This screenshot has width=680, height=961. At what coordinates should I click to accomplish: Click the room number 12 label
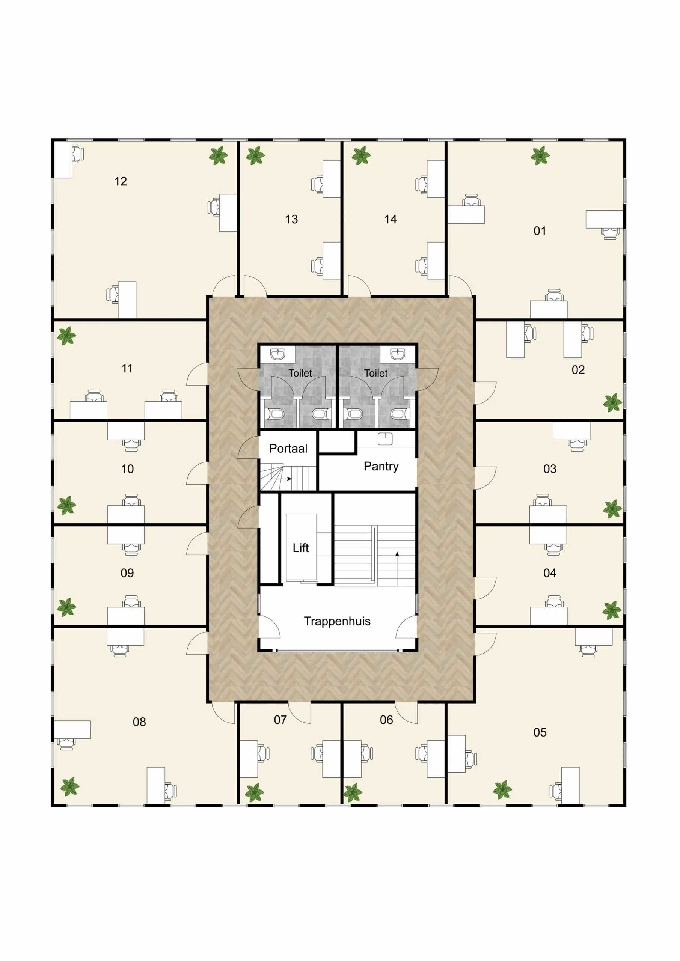[121, 181]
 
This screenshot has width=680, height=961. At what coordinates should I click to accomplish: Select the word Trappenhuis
[337, 621]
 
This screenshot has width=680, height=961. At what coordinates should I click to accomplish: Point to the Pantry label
[381, 466]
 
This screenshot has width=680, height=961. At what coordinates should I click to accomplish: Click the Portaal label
[288, 448]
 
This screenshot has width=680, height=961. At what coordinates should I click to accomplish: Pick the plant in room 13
[255, 156]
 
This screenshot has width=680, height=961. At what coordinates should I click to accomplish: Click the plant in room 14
[361, 156]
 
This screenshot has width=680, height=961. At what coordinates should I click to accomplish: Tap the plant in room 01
[540, 156]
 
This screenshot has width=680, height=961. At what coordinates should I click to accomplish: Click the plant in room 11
[66, 336]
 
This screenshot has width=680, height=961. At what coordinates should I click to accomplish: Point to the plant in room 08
[69, 787]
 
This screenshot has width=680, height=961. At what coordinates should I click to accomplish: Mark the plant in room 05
[502, 789]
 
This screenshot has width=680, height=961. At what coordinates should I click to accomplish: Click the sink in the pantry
[385, 439]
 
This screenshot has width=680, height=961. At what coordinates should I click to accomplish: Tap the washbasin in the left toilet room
[277, 354]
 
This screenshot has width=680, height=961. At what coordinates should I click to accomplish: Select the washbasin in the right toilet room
[397, 354]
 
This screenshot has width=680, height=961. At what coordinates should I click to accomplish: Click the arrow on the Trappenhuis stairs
[397, 555]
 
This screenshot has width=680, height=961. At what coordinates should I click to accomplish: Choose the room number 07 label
[280, 720]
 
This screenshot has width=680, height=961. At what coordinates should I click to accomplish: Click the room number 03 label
[550, 469]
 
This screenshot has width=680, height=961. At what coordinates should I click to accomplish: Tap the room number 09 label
[127, 573]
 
